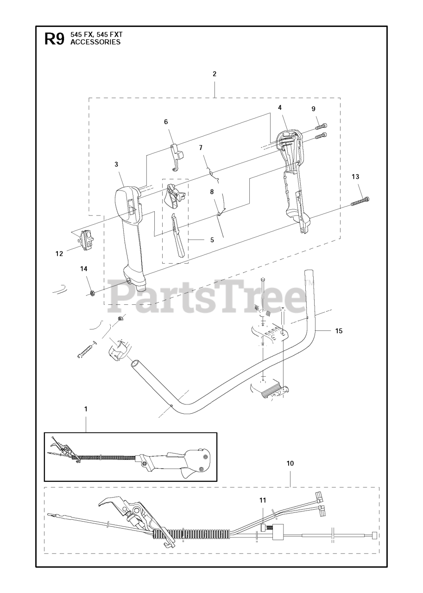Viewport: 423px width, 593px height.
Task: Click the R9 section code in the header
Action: click(x=54, y=39)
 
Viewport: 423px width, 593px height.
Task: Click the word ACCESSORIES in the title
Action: click(x=95, y=42)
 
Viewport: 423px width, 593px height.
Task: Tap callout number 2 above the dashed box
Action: click(x=214, y=74)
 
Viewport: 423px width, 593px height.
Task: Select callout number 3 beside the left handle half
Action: click(x=116, y=164)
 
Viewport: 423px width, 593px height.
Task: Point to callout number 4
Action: click(x=279, y=107)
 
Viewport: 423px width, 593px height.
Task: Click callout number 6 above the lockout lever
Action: click(x=166, y=122)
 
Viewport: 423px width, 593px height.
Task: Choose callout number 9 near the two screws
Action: click(x=313, y=109)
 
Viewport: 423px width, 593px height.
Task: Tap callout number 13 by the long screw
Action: click(x=355, y=177)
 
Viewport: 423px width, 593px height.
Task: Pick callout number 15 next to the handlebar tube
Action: click(x=339, y=331)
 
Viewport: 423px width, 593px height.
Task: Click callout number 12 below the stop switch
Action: click(x=59, y=253)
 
